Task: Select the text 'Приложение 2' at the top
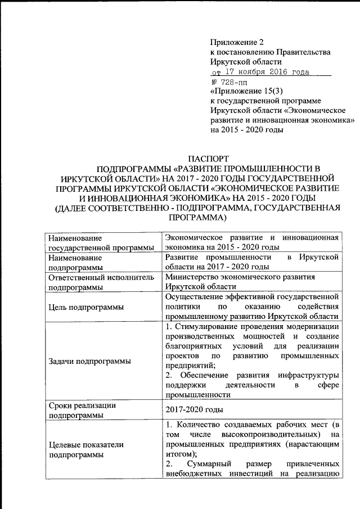[236, 42]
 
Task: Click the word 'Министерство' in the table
[192, 277]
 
